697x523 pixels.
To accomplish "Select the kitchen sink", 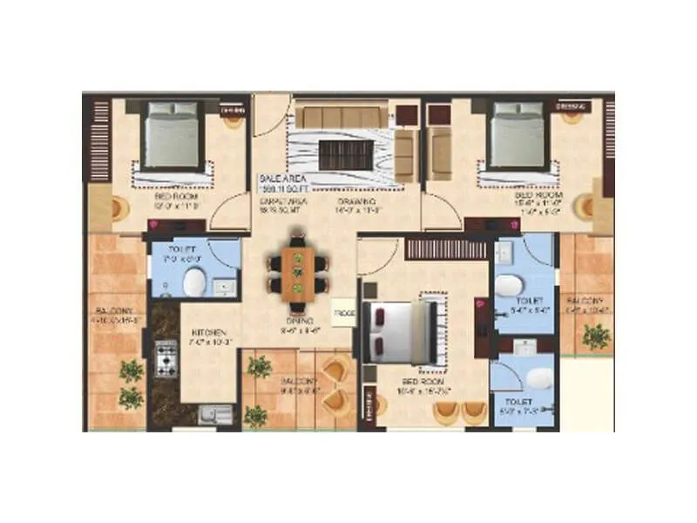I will (x=214, y=414).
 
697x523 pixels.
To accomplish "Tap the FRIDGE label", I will (x=343, y=311).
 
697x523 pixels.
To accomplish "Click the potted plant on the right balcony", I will (x=597, y=335).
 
